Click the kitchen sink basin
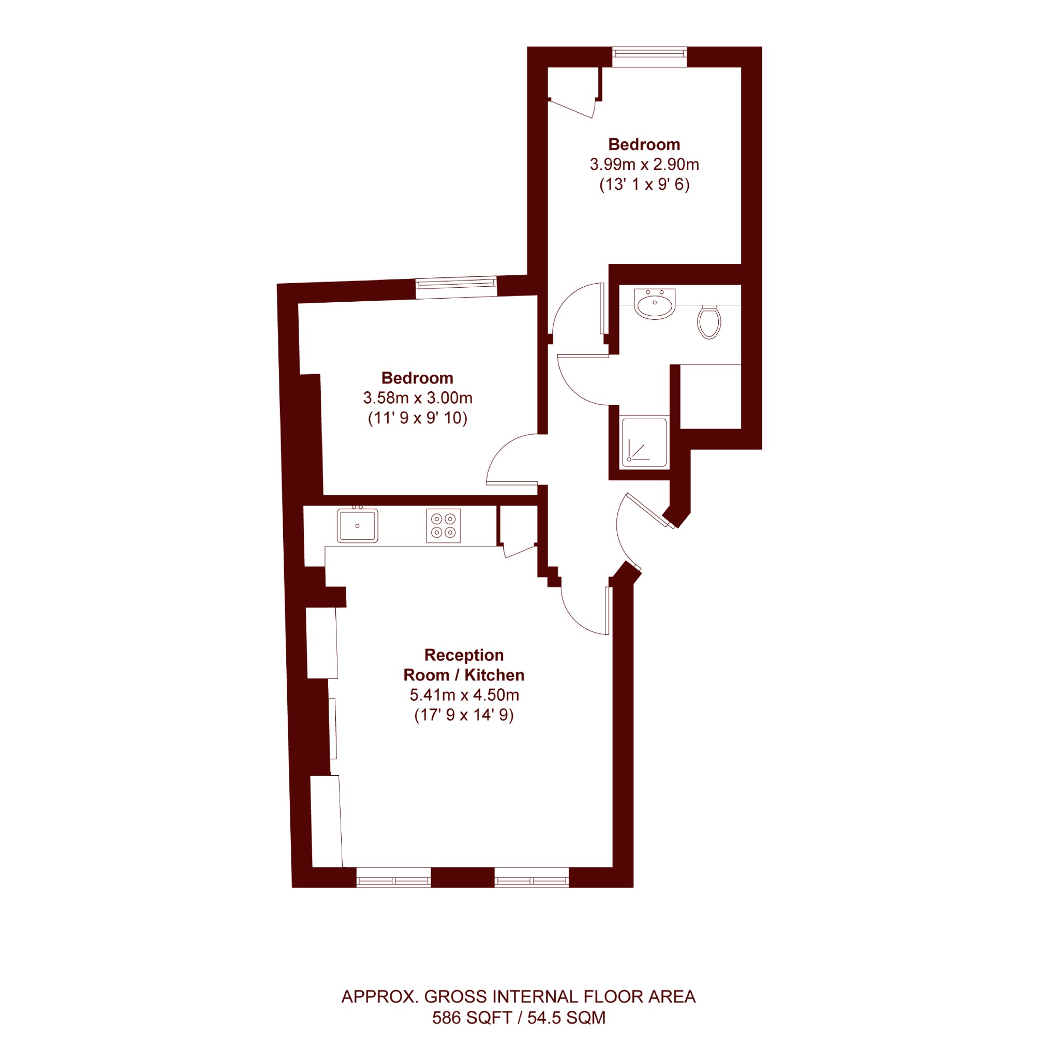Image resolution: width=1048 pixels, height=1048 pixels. click(x=357, y=526)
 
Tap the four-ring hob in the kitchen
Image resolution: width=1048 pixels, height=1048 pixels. click(x=443, y=526)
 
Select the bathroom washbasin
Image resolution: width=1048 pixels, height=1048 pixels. click(x=655, y=304)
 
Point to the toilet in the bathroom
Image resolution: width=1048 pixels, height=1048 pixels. click(x=709, y=322)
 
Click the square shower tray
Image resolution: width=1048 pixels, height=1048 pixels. click(x=644, y=442)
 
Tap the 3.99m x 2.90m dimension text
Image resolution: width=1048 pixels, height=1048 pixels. click(x=644, y=165)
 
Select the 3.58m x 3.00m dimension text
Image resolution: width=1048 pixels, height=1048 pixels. click(x=418, y=398)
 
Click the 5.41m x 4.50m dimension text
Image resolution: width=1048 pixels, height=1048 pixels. click(x=464, y=695)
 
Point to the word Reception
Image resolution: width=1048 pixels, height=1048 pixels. click(x=464, y=655)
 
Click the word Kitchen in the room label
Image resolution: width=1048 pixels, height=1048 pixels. click(x=494, y=675)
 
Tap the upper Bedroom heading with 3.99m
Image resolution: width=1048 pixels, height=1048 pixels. click(x=644, y=144)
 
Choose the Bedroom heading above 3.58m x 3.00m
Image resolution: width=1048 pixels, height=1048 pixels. click(x=417, y=378)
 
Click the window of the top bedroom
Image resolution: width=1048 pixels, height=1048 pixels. click(x=650, y=57)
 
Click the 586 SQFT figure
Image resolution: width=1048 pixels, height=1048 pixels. click(x=472, y=1017)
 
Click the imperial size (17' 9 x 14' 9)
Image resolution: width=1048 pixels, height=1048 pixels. click(x=464, y=715)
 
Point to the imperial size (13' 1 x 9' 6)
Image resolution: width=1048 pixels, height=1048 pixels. click(x=644, y=184)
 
